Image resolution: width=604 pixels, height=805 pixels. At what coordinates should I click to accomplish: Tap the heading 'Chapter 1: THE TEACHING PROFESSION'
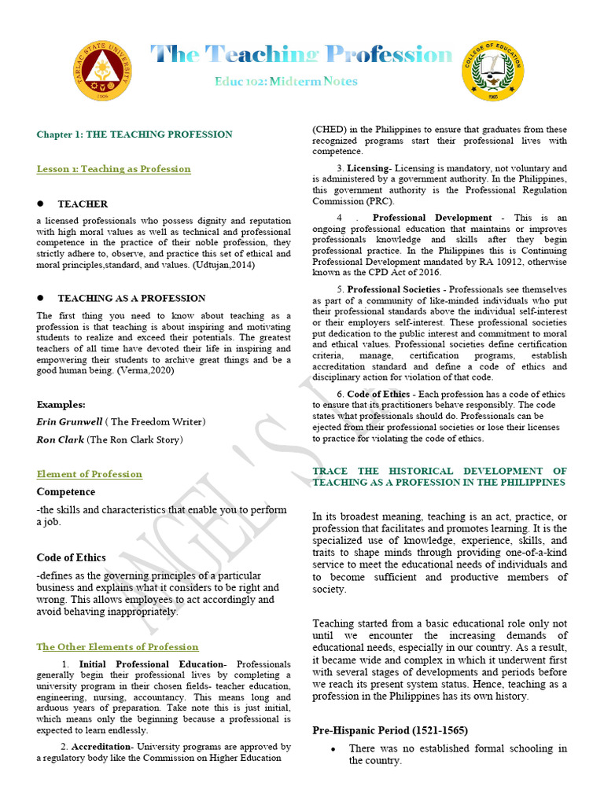pyautogui.click(x=134, y=134)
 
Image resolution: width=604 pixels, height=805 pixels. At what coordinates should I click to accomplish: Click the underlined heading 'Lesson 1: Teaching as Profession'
pyautogui.click(x=114, y=169)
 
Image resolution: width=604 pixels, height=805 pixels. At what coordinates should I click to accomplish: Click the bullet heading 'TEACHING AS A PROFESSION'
pyautogui.click(x=131, y=298)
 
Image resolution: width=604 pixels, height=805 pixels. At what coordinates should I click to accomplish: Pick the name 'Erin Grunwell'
pyautogui.click(x=68, y=422)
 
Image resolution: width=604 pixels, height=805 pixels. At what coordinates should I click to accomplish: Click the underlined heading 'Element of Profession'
pyautogui.click(x=90, y=474)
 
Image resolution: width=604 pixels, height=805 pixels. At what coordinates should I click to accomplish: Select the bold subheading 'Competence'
pyautogui.click(x=66, y=492)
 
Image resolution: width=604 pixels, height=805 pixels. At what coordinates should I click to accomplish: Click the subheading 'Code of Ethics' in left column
pyautogui.click(x=71, y=557)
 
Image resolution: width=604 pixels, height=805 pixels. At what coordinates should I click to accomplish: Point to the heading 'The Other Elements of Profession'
pyautogui.click(x=118, y=647)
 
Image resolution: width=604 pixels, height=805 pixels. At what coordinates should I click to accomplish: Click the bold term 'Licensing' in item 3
pyautogui.click(x=368, y=168)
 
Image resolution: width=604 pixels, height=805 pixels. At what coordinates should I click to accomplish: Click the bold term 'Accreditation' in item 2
pyautogui.click(x=101, y=747)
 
